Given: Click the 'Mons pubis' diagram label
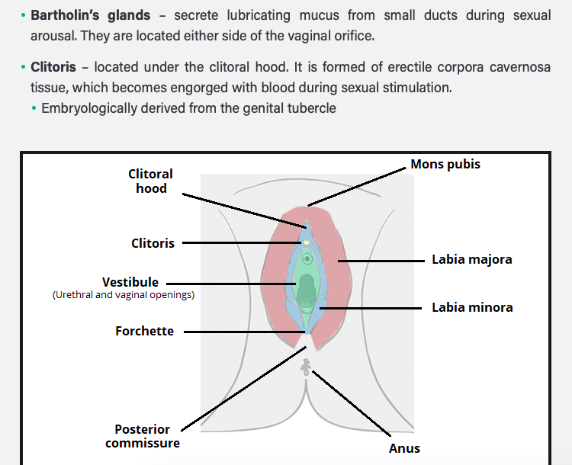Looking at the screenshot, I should pyautogui.click(x=445, y=165).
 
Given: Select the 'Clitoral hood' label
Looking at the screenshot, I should pyautogui.click(x=150, y=181).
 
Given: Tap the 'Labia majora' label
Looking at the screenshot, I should pyautogui.click(x=472, y=260).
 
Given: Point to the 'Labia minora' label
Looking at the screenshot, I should pyautogui.click(x=472, y=308).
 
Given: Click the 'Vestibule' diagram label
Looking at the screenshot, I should pyautogui.click(x=130, y=282).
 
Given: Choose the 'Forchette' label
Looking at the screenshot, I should pyautogui.click(x=144, y=331).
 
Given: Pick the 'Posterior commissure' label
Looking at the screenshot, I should pyautogui.click(x=143, y=436).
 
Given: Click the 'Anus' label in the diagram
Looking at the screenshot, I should pyautogui.click(x=404, y=448).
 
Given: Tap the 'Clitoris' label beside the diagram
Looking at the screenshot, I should pyautogui.click(x=153, y=244).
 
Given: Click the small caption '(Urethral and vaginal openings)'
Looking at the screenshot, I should pyautogui.click(x=124, y=295).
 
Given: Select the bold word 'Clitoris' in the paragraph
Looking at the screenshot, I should pyautogui.click(x=53, y=67).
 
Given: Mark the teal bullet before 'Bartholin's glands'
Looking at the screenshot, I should pyautogui.click(x=23, y=16).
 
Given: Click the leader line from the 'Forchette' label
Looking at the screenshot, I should pyautogui.click(x=244, y=332).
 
